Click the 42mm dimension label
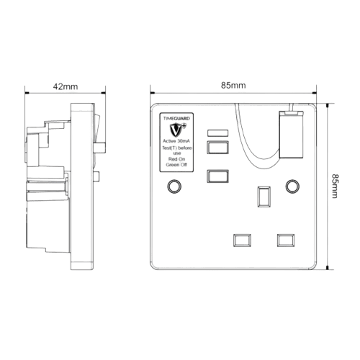tap(66, 86)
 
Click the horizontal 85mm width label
tap(233, 86)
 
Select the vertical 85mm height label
tap(335, 186)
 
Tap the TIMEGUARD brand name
tap(176, 118)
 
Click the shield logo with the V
tap(177, 130)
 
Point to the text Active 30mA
tap(176, 141)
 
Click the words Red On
tap(176, 159)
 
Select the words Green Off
tap(176, 165)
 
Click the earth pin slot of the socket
tap(264, 197)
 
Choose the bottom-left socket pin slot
tap(242, 240)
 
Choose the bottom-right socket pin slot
tap(286, 240)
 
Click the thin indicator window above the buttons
tap(217, 133)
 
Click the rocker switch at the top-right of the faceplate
tap(291, 135)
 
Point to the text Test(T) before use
tap(176, 150)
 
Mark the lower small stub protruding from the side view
tap(96, 176)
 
